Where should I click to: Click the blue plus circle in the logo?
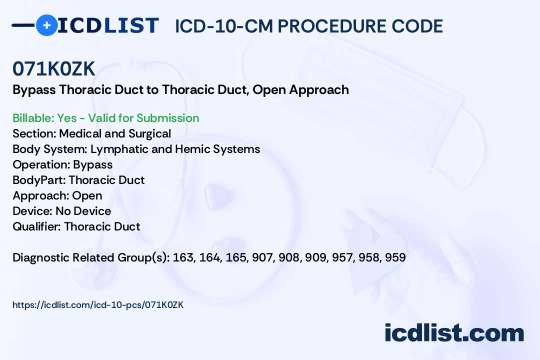46,25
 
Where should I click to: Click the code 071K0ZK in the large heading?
54,69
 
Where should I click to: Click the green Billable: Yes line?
106,118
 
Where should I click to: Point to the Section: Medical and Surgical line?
91,133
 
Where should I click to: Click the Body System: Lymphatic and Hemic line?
136,149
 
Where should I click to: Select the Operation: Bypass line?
62,164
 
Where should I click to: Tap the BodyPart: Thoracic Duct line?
78,180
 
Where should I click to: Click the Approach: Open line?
57,195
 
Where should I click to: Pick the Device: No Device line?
61,211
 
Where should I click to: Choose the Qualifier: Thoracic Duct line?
76,226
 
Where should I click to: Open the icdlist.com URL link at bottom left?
98,304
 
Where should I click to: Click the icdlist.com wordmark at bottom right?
454,333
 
